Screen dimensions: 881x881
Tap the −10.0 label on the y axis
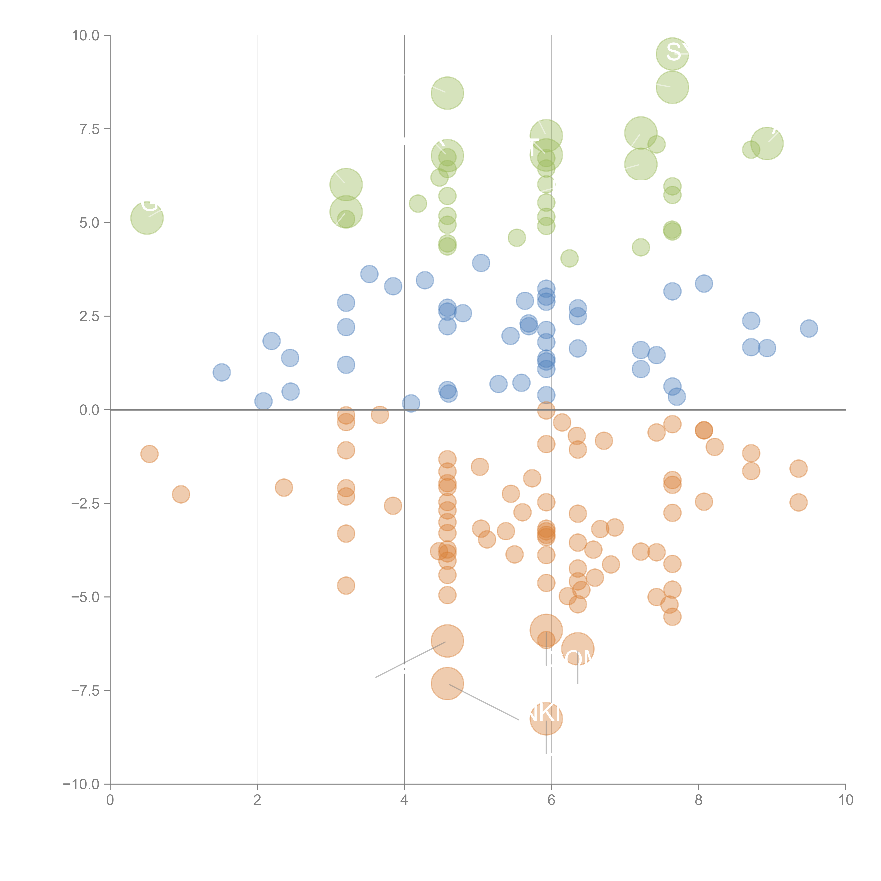click(x=81, y=784)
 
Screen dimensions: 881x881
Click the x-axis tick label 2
click(x=257, y=800)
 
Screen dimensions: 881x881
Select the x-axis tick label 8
click(x=699, y=800)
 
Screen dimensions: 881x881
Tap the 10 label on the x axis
click(x=845, y=800)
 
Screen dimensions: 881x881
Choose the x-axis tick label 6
click(x=551, y=800)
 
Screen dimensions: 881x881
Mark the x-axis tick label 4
click(x=404, y=800)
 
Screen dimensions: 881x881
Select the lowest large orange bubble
click(x=546, y=719)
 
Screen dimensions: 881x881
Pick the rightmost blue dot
click(x=809, y=328)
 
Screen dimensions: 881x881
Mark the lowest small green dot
click(x=569, y=258)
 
